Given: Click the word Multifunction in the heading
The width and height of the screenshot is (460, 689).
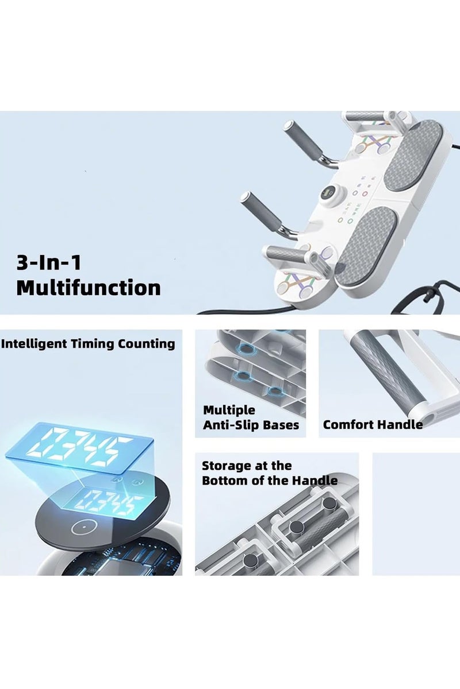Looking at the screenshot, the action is click(x=89, y=288).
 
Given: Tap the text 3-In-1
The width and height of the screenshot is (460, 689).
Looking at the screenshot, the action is click(x=49, y=263).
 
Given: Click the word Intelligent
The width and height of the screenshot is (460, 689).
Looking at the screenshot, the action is click(x=34, y=344).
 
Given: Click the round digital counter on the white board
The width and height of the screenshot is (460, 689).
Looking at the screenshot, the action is click(x=327, y=193).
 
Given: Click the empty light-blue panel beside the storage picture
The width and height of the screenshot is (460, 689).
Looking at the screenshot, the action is click(x=416, y=514).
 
